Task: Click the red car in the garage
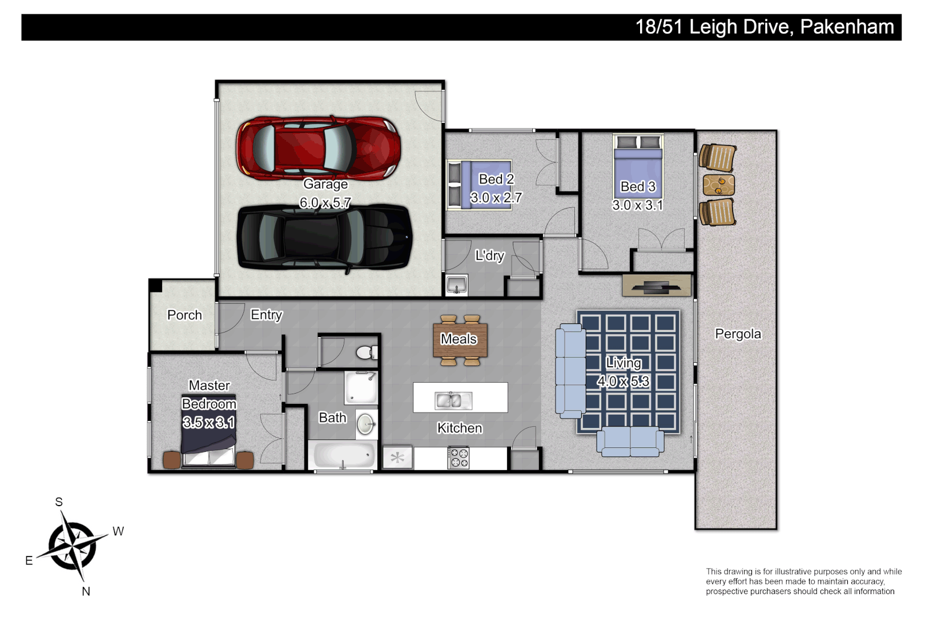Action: click(318, 147)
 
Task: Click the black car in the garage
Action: click(324, 237)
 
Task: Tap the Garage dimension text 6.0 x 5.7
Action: click(325, 203)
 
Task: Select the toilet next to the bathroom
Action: click(365, 352)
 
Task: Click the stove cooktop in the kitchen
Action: click(459, 458)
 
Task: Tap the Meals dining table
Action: click(460, 339)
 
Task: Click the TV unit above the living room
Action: click(657, 285)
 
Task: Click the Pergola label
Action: click(738, 334)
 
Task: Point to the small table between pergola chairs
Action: click(718, 185)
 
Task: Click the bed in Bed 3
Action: click(638, 166)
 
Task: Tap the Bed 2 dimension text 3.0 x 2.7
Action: click(496, 198)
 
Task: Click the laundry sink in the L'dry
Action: click(456, 284)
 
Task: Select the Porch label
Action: click(184, 315)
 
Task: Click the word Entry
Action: click(267, 315)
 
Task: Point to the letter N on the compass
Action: click(86, 591)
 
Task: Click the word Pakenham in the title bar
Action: click(847, 27)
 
